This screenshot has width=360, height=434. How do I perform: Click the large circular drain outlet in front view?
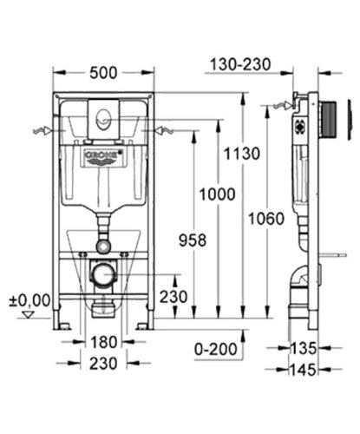102,274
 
